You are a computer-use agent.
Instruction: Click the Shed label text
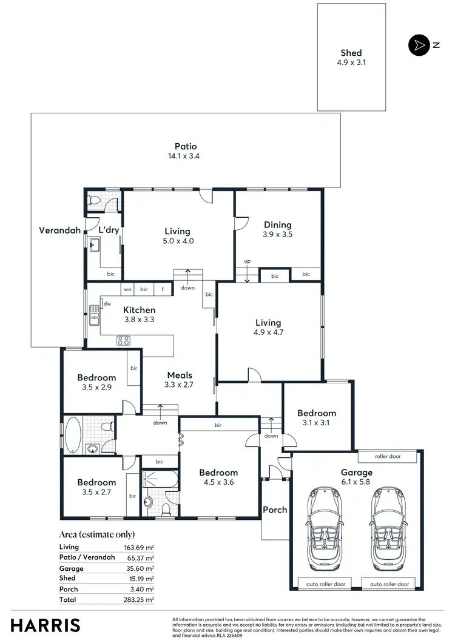click(x=351, y=53)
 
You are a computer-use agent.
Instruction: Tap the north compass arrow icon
click(x=418, y=45)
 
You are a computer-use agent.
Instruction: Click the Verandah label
click(x=59, y=230)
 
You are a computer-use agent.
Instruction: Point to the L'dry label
click(x=109, y=230)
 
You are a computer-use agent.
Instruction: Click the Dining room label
click(x=277, y=224)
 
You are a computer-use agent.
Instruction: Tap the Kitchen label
click(x=140, y=310)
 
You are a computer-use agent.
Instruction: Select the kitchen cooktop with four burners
click(x=124, y=340)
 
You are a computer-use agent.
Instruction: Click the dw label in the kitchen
click(x=107, y=303)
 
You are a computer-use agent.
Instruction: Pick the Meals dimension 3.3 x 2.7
click(x=178, y=385)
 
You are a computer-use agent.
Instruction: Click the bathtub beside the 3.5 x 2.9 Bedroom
click(x=72, y=434)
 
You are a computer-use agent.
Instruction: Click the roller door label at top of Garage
click(x=386, y=457)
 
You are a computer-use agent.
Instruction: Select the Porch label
click(x=275, y=510)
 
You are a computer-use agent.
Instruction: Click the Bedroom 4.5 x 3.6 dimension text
click(x=218, y=482)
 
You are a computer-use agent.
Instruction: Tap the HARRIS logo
click(x=45, y=625)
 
